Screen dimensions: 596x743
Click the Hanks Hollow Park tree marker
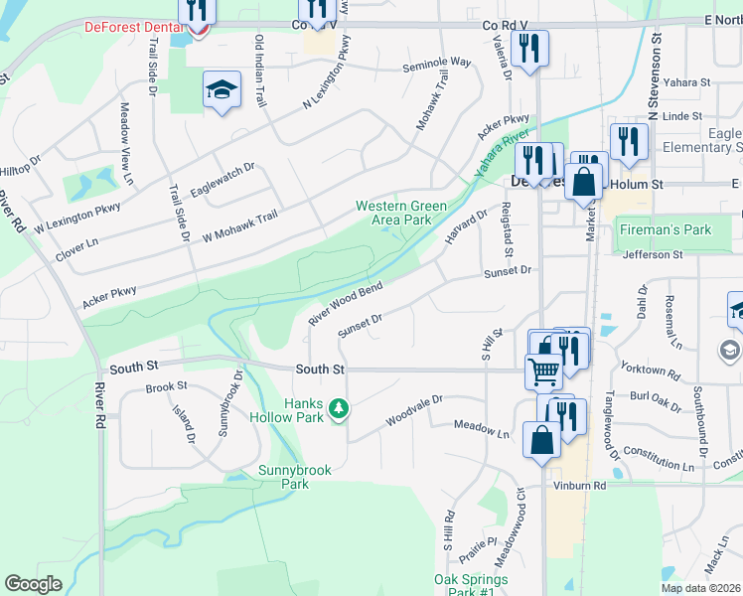coord(339,408)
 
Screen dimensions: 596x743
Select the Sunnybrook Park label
coord(283,477)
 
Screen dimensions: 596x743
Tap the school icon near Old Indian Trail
coord(219,91)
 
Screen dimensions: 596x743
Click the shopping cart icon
coord(543,372)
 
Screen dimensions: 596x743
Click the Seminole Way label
coord(436,63)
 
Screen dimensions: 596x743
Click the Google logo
coord(33,584)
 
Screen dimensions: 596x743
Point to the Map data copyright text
coord(700,588)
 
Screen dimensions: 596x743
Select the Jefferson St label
coord(654,254)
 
